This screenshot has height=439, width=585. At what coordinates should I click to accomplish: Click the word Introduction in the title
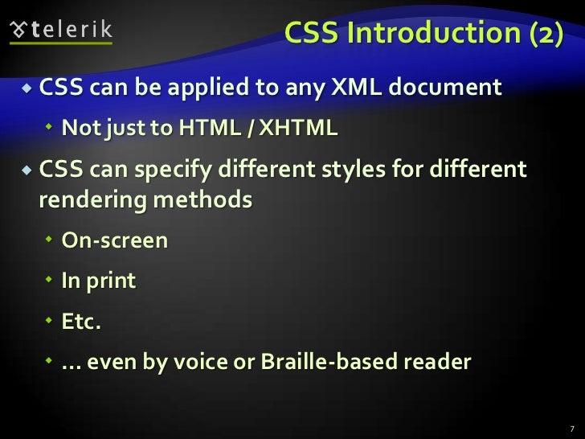coord(421,33)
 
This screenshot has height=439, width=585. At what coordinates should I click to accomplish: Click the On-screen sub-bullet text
coord(115,240)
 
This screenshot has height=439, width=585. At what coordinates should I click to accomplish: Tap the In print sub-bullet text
coord(99,281)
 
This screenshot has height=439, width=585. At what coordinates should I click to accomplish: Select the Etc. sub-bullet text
coord(83,322)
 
